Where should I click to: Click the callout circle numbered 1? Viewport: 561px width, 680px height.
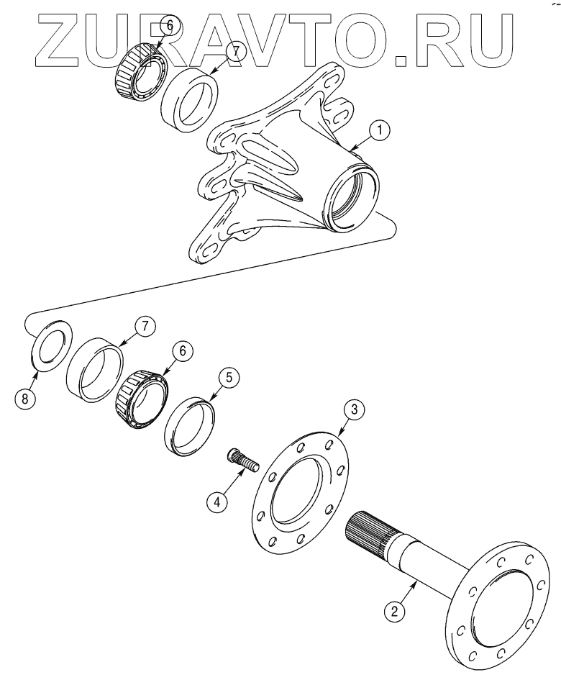pos(380,131)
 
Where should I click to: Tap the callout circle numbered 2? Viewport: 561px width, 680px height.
pos(393,612)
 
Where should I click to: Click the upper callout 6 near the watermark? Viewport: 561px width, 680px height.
pos(170,24)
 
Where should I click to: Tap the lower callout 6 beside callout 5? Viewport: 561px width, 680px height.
pos(181,350)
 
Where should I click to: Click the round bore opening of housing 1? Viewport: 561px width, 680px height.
pos(352,195)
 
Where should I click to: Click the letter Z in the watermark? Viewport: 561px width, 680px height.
pos(55,36)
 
